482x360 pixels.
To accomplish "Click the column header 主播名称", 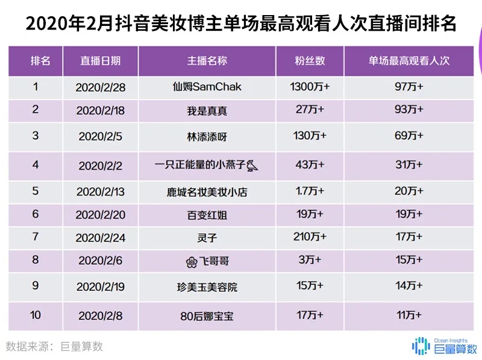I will coord(207,61).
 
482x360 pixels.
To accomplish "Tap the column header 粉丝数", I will coord(309,61).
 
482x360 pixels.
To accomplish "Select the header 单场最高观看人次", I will coord(410,61).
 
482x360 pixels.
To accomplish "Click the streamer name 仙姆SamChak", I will coord(207,87).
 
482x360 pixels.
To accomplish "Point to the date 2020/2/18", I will coord(101,110).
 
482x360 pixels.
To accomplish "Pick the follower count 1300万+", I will coord(310,87).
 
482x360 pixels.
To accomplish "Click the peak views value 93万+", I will coord(409,110).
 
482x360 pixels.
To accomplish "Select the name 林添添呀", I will coord(207,137).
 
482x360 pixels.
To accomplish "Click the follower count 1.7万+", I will coord(310,191).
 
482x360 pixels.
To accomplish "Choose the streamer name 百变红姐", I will coord(207,214).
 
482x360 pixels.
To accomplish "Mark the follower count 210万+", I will coord(310,237).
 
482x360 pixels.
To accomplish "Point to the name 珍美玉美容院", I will coord(207,287).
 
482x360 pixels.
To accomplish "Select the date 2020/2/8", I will coord(101,314).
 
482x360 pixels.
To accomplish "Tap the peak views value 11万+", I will coord(409,314).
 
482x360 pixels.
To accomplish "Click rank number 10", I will coord(36,314).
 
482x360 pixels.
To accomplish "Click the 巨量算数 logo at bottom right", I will coord(444,346).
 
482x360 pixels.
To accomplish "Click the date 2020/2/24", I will coord(101,238).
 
